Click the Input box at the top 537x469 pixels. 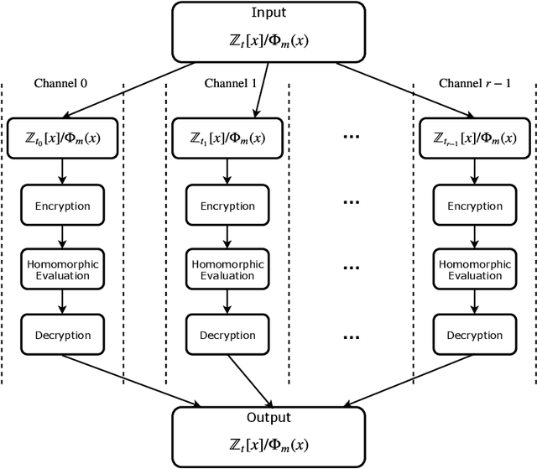(x=268, y=32)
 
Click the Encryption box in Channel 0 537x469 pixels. (x=61, y=206)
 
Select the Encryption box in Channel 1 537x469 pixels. (x=228, y=206)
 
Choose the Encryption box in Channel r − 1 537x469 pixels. (x=475, y=206)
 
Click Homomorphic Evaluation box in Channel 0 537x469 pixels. (x=61, y=269)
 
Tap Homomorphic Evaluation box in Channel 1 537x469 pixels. (x=228, y=269)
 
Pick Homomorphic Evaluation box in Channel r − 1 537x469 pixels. (x=475, y=269)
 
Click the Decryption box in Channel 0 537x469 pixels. (x=61, y=335)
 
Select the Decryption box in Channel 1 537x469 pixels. (x=228, y=335)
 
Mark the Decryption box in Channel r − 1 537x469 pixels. (x=475, y=335)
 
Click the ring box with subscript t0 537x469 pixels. (x=61, y=137)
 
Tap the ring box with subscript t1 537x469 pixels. (x=228, y=137)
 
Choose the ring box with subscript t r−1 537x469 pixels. (x=475, y=137)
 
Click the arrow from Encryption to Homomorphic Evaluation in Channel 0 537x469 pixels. (x=61, y=237)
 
